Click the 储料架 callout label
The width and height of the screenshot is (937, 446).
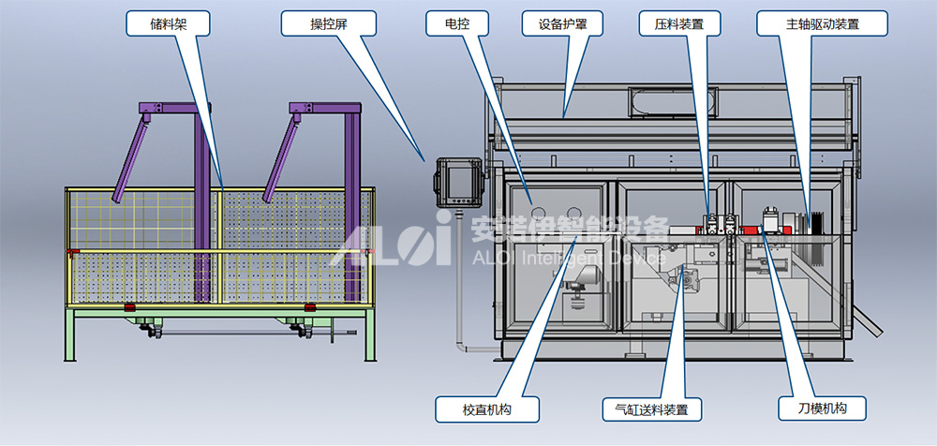168,23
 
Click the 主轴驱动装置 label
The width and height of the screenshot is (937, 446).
823,23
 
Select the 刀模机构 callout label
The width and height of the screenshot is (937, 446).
822,409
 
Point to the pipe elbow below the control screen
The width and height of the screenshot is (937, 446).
461,348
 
